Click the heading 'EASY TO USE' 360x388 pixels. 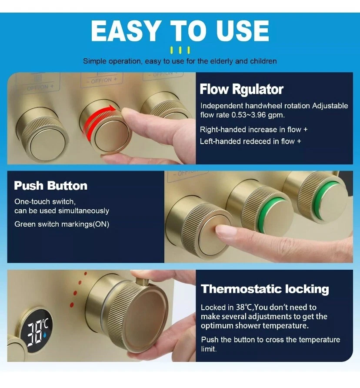180,31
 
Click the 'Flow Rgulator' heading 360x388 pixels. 241,89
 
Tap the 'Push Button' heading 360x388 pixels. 51,186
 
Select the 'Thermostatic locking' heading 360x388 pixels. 265,289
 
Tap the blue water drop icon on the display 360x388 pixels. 44,335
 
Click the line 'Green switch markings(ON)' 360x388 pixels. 62,224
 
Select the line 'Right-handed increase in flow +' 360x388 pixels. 253,130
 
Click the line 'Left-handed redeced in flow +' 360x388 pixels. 250,141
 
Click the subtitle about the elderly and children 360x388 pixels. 180,61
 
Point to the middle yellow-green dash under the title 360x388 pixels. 180,50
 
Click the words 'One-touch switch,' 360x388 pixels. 45,202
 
